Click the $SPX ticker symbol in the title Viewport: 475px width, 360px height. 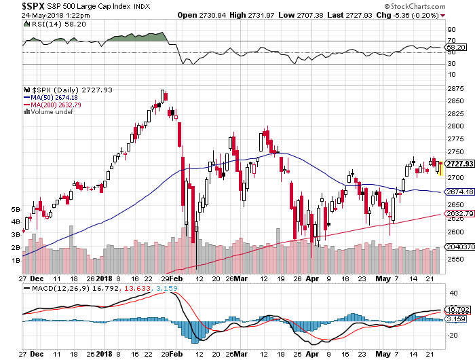tap(15, 5)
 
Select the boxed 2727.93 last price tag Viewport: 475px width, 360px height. tap(457, 164)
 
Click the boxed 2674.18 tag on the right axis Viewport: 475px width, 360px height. tap(457, 192)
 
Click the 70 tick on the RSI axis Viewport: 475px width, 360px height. tap(449, 41)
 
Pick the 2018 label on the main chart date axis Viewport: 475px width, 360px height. tap(105, 278)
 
